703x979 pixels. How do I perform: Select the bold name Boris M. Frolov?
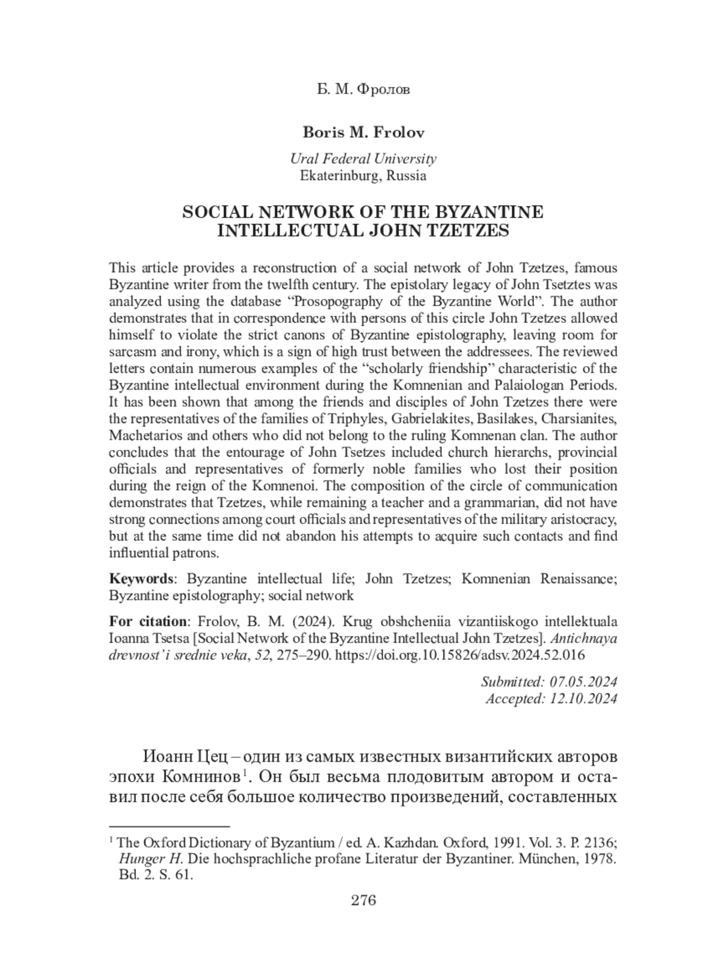click(363, 132)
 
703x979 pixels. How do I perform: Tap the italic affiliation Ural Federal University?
click(363, 159)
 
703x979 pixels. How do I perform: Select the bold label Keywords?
click(141, 579)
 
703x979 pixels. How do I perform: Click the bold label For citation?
click(147, 621)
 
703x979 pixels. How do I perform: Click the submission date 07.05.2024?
click(583, 681)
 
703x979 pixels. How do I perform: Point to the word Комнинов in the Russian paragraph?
click(200, 777)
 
